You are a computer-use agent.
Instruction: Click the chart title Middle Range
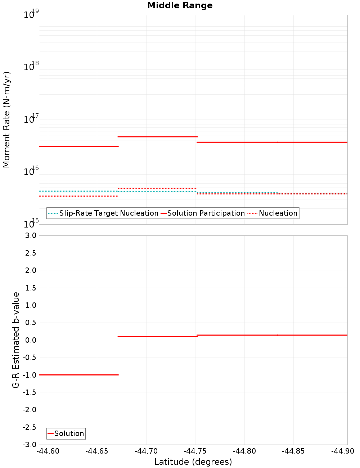[180, 5]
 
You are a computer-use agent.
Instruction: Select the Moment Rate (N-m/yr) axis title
[6, 120]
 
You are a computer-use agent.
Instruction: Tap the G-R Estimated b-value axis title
[16, 340]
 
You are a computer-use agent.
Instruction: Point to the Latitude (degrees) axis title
[193, 462]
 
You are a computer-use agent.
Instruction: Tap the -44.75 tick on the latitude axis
[195, 451]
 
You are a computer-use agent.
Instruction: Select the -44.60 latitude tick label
[48, 451]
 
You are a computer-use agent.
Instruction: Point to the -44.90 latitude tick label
[342, 451]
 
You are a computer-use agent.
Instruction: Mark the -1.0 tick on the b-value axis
[30, 375]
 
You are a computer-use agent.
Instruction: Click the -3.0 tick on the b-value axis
[30, 445]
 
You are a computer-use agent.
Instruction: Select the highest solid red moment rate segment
[158, 137]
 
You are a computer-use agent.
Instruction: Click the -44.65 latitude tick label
[97, 451]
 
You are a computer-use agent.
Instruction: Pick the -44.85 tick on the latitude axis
[293, 451]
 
